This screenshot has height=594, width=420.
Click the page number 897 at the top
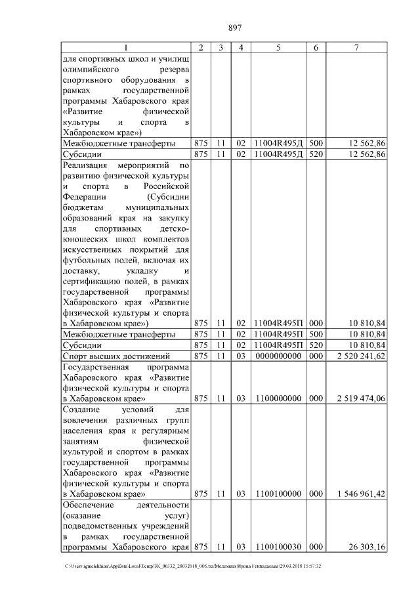tap(235, 27)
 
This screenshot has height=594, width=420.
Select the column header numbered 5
tap(278, 47)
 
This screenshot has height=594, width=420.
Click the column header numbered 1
tap(127, 47)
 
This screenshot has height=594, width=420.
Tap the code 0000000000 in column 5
tap(278, 356)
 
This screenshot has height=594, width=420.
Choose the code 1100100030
tap(278, 546)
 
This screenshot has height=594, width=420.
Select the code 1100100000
tap(278, 493)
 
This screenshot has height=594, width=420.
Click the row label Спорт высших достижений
tap(109, 356)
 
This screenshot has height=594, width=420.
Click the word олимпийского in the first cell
tap(91, 69)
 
